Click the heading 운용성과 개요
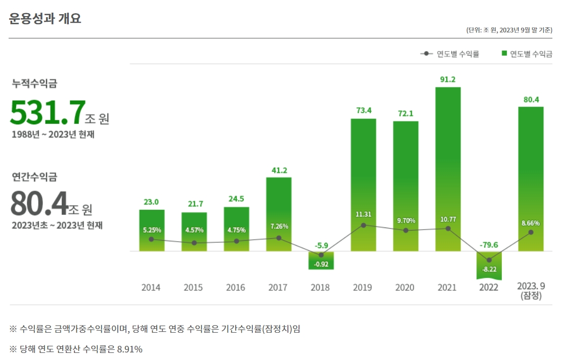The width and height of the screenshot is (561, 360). click(45, 19)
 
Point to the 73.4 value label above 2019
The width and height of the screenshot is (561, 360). click(363, 110)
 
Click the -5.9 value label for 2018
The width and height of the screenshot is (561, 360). click(321, 245)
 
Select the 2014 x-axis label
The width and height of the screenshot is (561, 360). click(151, 287)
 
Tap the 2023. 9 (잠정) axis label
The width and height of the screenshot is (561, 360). click(531, 291)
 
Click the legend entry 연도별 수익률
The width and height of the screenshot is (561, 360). click(450, 54)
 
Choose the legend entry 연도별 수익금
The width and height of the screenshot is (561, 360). click(527, 54)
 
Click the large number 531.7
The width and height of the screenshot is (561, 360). click(47, 113)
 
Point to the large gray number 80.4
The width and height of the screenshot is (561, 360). click(39, 203)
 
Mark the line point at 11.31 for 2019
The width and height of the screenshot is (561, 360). click(363, 225)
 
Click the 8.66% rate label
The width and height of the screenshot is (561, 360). click(531, 222)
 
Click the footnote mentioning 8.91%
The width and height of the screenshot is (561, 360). click(76, 349)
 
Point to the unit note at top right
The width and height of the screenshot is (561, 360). click(509, 30)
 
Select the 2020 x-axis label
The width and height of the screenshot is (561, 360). click(405, 287)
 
